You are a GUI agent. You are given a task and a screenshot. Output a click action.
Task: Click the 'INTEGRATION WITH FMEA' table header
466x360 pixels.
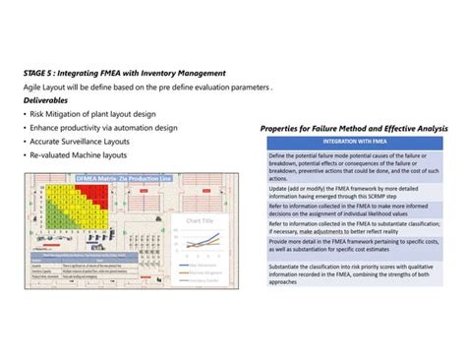tap(354, 144)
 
